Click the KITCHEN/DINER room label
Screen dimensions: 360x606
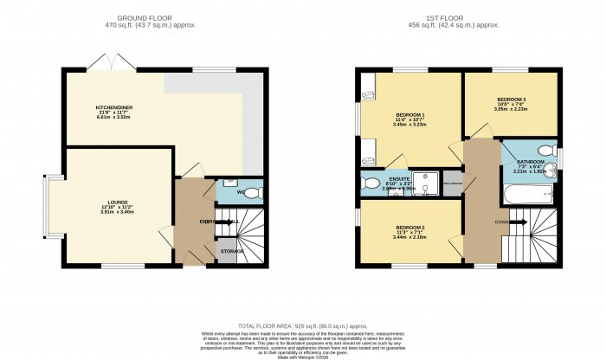click(113, 108)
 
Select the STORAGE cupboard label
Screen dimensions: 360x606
click(230, 251)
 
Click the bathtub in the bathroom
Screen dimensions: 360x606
click(525, 199)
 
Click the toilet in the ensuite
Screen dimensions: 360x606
click(370, 183)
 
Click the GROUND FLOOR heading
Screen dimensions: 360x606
click(158, 16)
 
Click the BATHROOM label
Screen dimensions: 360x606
click(531, 162)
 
